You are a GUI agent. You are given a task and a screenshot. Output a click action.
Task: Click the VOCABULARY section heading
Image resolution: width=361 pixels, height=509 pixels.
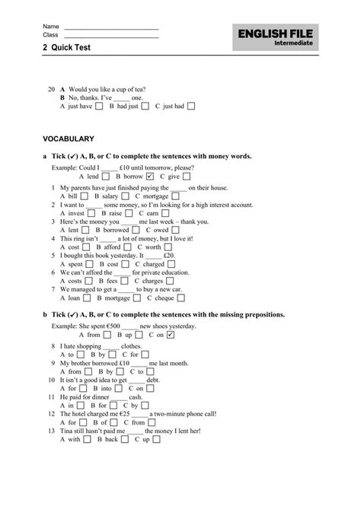pos(69,139)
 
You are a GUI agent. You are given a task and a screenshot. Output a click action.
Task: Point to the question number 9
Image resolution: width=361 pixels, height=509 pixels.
pos(50,363)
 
